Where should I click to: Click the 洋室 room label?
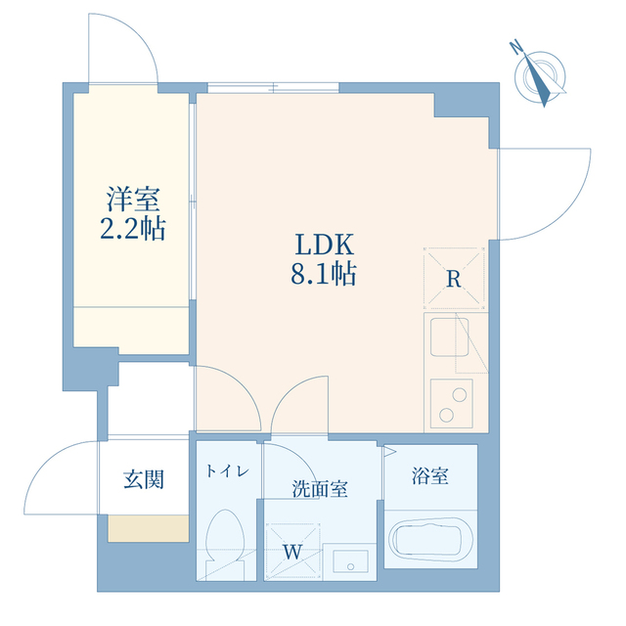133,199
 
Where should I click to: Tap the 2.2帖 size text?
133,228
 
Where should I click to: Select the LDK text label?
324,245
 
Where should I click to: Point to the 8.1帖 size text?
324,274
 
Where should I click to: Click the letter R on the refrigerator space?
454,279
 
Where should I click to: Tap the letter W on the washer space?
292,552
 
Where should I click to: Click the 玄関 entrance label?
144,479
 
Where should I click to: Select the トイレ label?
228,471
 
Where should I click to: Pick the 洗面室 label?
320,488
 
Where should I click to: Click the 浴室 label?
430,475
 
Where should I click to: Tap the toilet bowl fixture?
224,543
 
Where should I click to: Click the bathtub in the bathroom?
430,538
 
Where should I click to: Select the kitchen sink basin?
450,336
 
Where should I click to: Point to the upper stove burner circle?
460,394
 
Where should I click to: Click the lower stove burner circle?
446,415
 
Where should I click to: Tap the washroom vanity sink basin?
350,560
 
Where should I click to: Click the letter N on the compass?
517,47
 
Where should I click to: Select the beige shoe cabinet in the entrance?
148,528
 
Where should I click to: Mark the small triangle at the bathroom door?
389,452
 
